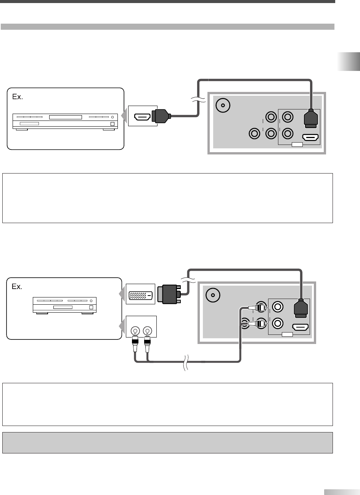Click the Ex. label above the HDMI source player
click(18, 96)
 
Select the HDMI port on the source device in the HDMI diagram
click(142, 117)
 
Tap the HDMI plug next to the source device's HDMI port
click(161, 116)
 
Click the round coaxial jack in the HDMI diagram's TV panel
click(223, 105)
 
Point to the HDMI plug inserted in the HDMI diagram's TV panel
click(311, 119)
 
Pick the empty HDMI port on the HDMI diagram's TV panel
click(310, 137)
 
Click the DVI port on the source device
click(141, 295)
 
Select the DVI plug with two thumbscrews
click(169, 294)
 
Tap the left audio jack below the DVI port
click(135, 331)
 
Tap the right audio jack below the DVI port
click(148, 331)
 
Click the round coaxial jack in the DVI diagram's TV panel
click(213, 295)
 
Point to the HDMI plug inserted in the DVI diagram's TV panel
click(301, 308)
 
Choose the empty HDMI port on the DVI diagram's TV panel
click(301, 327)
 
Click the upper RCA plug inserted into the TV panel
click(258, 307)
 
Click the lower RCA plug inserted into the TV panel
click(258, 324)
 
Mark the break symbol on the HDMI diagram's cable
click(198, 99)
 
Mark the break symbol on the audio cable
click(186, 363)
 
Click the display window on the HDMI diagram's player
click(66, 117)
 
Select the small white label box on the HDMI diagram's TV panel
click(297, 145)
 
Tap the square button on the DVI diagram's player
click(91, 307)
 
